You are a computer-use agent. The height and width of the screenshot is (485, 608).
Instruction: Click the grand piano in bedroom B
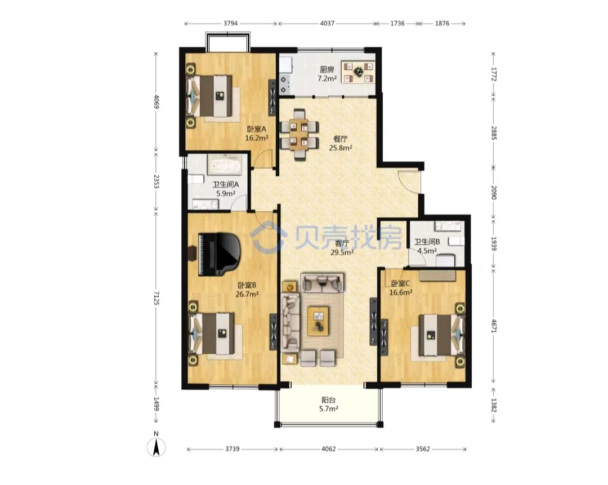point(218,254)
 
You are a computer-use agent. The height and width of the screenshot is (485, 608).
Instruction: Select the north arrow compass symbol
point(157,447)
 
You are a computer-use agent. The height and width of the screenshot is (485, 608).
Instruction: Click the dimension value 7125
point(156,298)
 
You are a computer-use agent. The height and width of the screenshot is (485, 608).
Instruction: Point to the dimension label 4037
point(327,23)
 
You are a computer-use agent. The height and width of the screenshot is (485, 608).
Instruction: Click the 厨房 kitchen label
point(327,69)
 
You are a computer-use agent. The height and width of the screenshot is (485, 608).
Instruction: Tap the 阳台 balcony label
point(328,400)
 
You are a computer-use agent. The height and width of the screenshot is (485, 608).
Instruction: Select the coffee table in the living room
point(318,321)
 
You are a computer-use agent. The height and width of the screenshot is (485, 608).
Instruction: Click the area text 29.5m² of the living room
point(342,252)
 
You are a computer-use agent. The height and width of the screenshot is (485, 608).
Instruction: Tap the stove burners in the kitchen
point(285,84)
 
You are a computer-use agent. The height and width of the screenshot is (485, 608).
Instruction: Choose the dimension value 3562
point(423,449)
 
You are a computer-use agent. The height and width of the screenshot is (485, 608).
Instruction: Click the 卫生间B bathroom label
point(427,242)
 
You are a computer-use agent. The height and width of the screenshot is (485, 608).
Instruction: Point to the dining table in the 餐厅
point(299,135)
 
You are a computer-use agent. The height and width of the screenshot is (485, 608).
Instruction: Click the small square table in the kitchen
point(359,72)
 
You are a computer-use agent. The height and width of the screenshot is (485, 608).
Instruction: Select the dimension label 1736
point(397,23)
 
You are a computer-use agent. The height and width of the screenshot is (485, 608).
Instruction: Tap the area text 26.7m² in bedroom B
point(247,293)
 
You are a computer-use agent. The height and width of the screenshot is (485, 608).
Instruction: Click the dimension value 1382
point(494,405)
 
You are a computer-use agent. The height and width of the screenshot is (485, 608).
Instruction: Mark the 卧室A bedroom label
point(257,129)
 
